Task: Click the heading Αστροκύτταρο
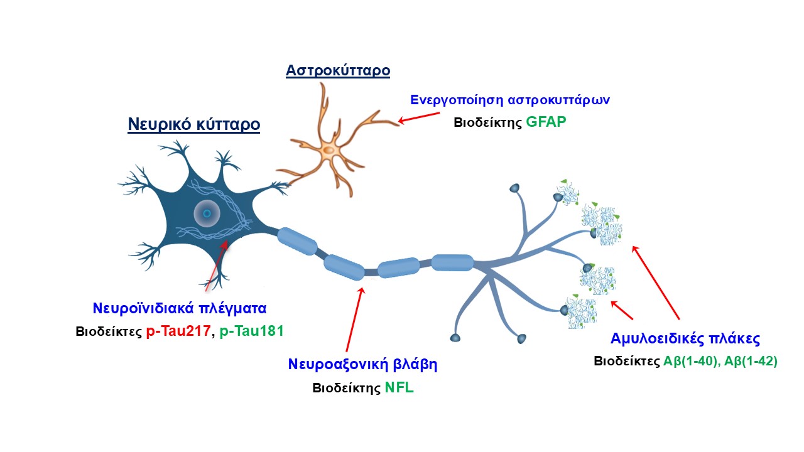coord(338,70)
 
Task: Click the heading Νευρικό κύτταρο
coord(193,124)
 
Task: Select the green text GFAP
coord(546,122)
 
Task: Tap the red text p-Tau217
coord(178,330)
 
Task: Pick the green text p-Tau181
coord(251,330)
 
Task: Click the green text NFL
coord(399,387)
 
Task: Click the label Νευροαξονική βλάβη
coord(362,365)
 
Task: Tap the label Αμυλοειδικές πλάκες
coord(685,339)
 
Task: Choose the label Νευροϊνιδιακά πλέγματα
coord(180,308)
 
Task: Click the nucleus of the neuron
coord(207,214)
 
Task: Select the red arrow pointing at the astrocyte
coord(420,117)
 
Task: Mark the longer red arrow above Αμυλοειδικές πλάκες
coord(656,283)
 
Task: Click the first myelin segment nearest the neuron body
coord(297,242)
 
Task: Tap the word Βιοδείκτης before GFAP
coord(488,122)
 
